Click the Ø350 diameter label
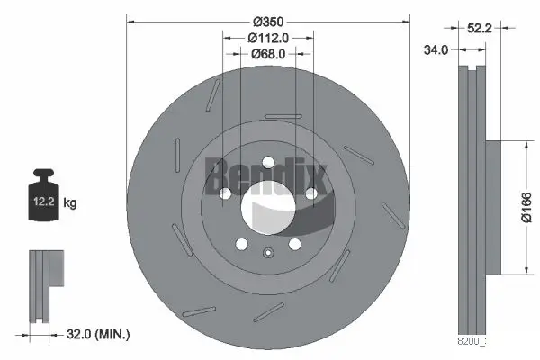(x=268, y=21)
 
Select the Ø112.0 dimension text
(x=268, y=38)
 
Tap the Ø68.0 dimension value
(x=268, y=54)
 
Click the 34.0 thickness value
(x=436, y=50)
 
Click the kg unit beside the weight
(x=70, y=203)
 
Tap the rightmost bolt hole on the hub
(x=311, y=193)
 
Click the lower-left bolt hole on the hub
(x=241, y=244)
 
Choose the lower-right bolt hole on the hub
(x=294, y=244)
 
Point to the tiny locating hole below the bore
(x=267, y=253)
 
